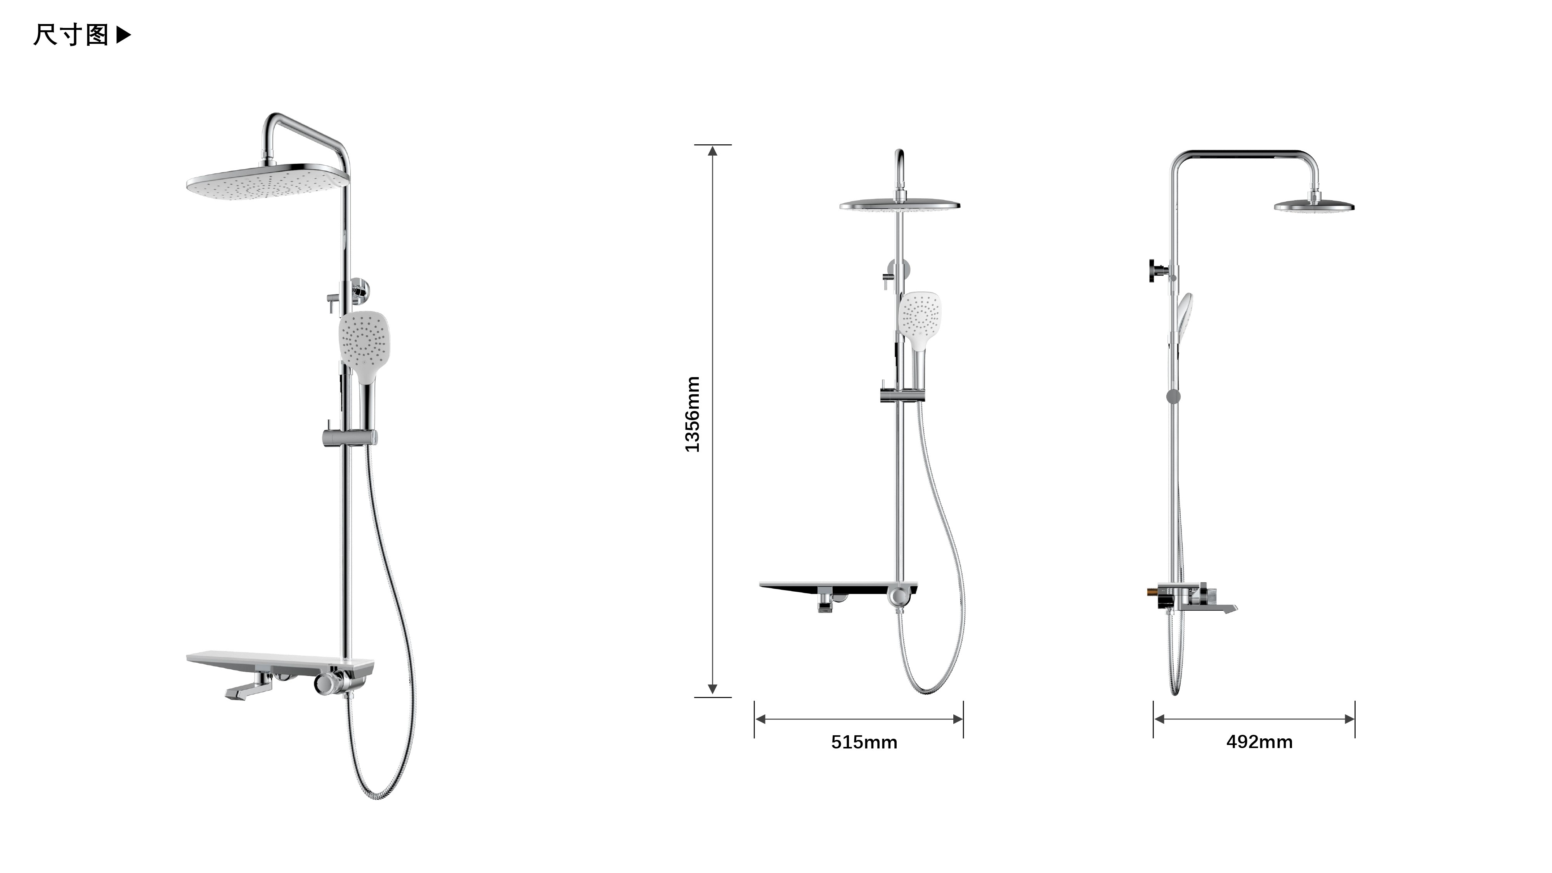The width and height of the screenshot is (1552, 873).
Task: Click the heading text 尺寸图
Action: coord(71,35)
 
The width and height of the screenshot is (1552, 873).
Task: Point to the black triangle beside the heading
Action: coord(123,35)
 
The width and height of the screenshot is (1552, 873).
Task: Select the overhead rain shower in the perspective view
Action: coord(268,180)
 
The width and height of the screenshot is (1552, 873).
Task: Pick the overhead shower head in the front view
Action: coord(899,205)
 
